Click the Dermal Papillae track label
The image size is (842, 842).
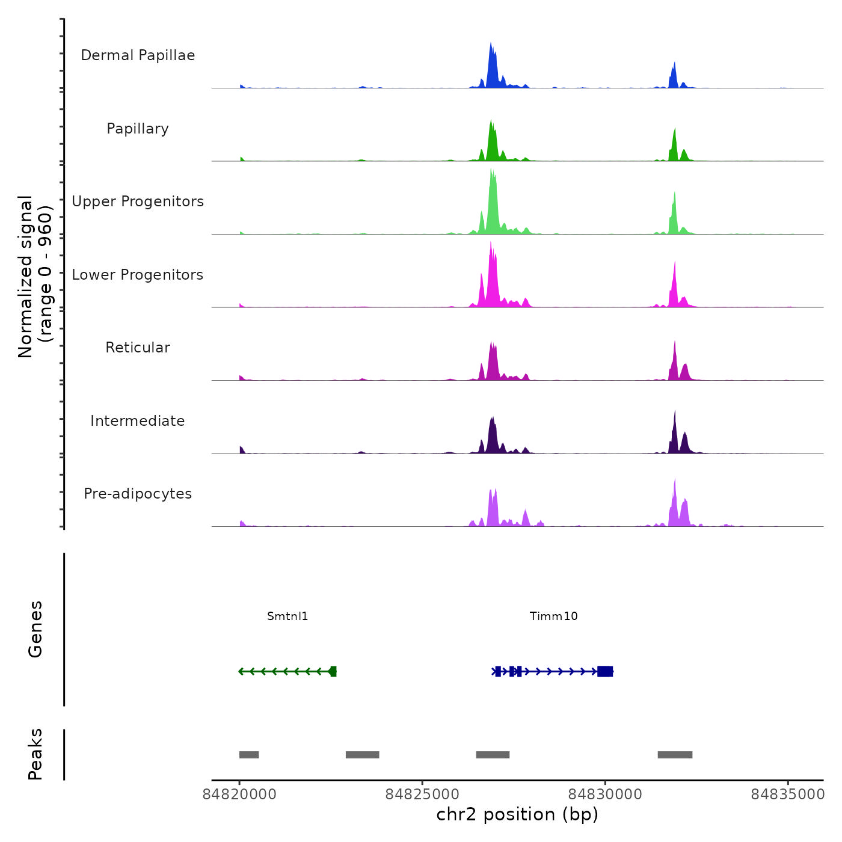138,55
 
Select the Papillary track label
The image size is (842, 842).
138,129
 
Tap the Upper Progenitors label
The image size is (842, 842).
138,201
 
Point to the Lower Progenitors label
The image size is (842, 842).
138,275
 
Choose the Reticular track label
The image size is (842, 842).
138,348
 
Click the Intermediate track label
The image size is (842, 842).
138,421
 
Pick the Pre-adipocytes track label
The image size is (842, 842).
138,494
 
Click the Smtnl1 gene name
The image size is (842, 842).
287,616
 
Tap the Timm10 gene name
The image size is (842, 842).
553,616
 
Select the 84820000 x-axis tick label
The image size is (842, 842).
239,794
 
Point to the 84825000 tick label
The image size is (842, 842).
422,794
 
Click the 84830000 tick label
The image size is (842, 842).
605,794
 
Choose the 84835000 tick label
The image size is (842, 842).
788,794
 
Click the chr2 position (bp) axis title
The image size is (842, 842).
517,814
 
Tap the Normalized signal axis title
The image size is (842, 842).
35,277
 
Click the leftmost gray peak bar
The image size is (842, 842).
249,755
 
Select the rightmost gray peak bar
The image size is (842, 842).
675,755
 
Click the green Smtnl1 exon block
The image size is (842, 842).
333,671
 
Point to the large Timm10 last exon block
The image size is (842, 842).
605,671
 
